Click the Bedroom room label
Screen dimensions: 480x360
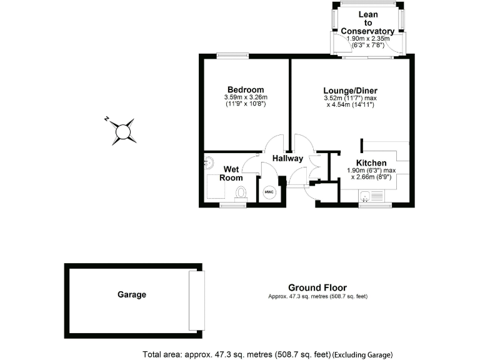click(245, 89)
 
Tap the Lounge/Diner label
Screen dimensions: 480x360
click(351, 90)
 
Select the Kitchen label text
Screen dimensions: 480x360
click(371, 163)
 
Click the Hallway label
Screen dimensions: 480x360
click(287, 158)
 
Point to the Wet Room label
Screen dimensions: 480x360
click(231, 173)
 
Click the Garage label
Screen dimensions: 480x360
click(131, 294)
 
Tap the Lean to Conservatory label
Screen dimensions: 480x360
click(368, 22)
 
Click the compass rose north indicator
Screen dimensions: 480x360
click(107, 118)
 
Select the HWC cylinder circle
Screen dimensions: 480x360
click(269, 192)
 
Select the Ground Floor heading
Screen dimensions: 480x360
click(317, 287)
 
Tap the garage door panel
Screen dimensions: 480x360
click(196, 300)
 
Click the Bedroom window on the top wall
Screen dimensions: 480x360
click(232, 56)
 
